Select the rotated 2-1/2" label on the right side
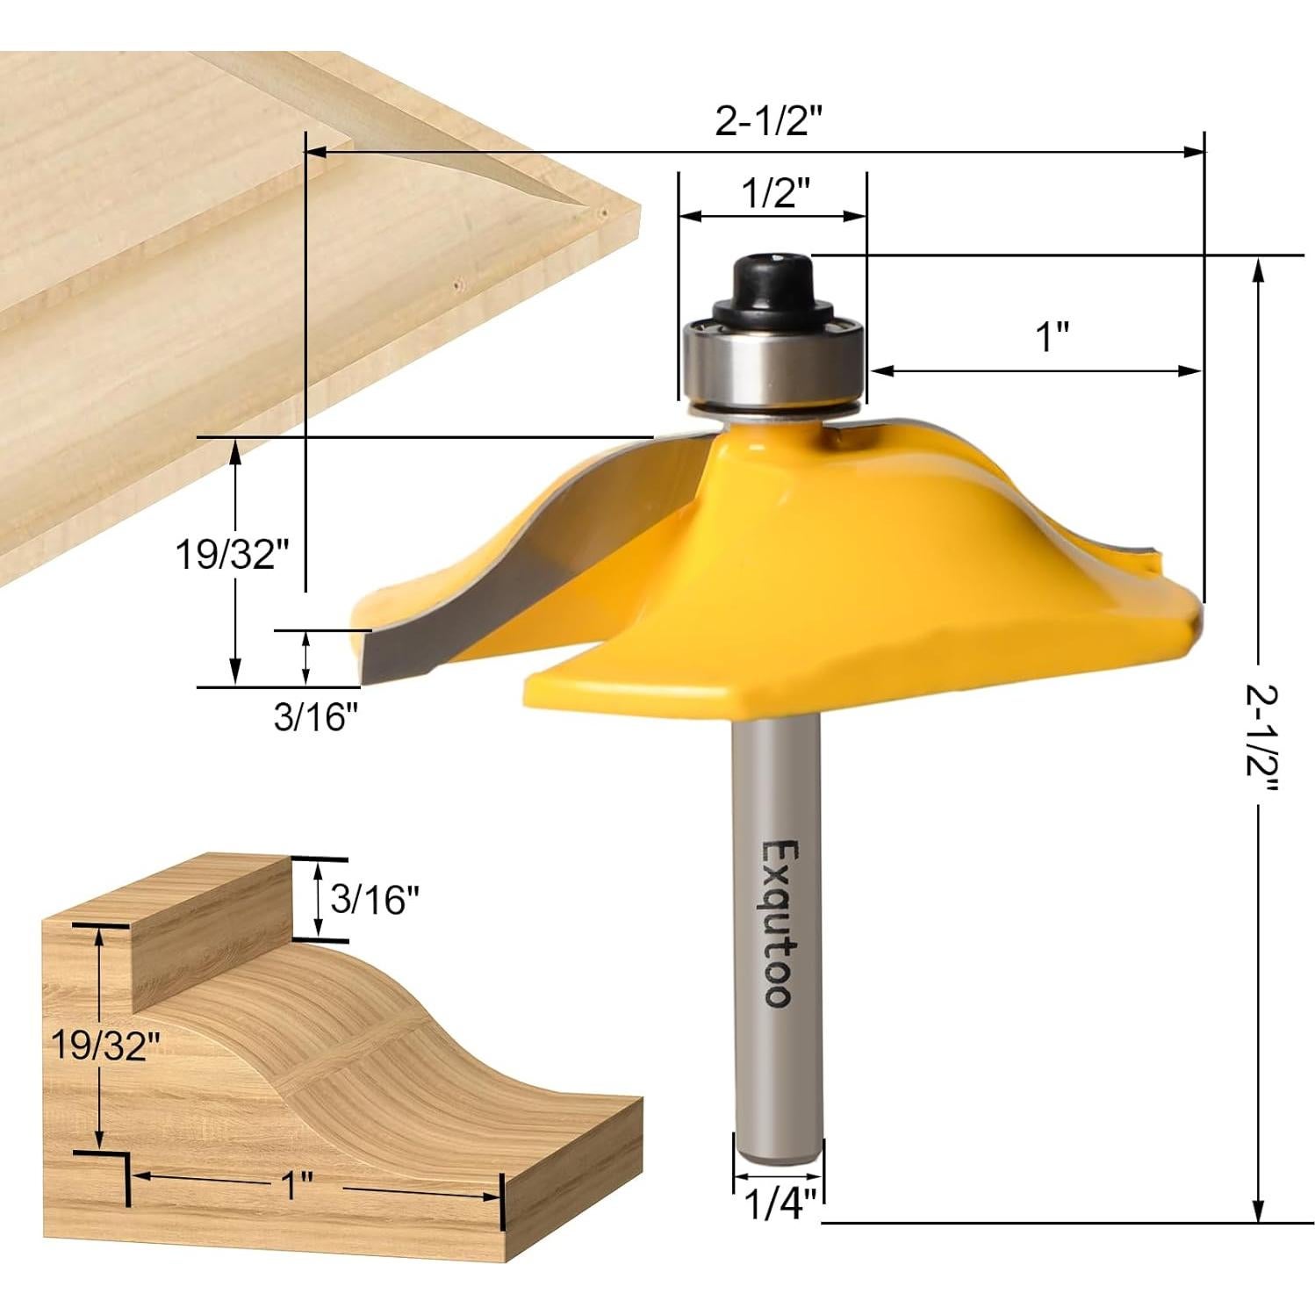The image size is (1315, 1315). point(1261,737)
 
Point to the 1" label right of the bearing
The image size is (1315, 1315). point(1053,337)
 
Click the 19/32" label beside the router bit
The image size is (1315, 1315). point(227,555)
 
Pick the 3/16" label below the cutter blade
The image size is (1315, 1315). point(317,717)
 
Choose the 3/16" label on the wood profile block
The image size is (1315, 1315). point(375,899)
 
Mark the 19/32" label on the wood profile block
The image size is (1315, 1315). point(105,1045)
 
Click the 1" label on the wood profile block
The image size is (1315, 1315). point(298,1187)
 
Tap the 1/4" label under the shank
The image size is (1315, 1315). point(780,1204)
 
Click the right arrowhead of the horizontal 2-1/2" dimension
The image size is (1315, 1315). point(1196,152)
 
